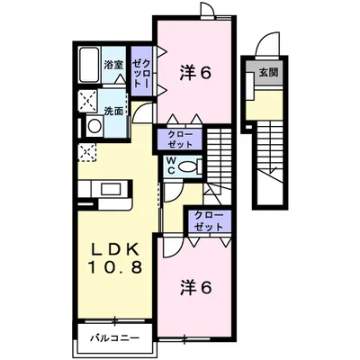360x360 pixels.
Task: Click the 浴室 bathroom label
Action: click(112, 64)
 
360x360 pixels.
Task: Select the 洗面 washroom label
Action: click(112, 112)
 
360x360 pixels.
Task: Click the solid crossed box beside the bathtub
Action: click(87, 100)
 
